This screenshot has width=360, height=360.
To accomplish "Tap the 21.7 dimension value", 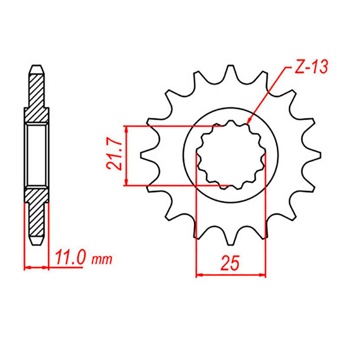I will pyautogui.click(x=114, y=155).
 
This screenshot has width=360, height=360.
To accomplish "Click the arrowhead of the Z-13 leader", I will pyautogui.click(x=249, y=121).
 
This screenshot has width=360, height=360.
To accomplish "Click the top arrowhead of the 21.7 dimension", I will pyautogui.click(x=127, y=129).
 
